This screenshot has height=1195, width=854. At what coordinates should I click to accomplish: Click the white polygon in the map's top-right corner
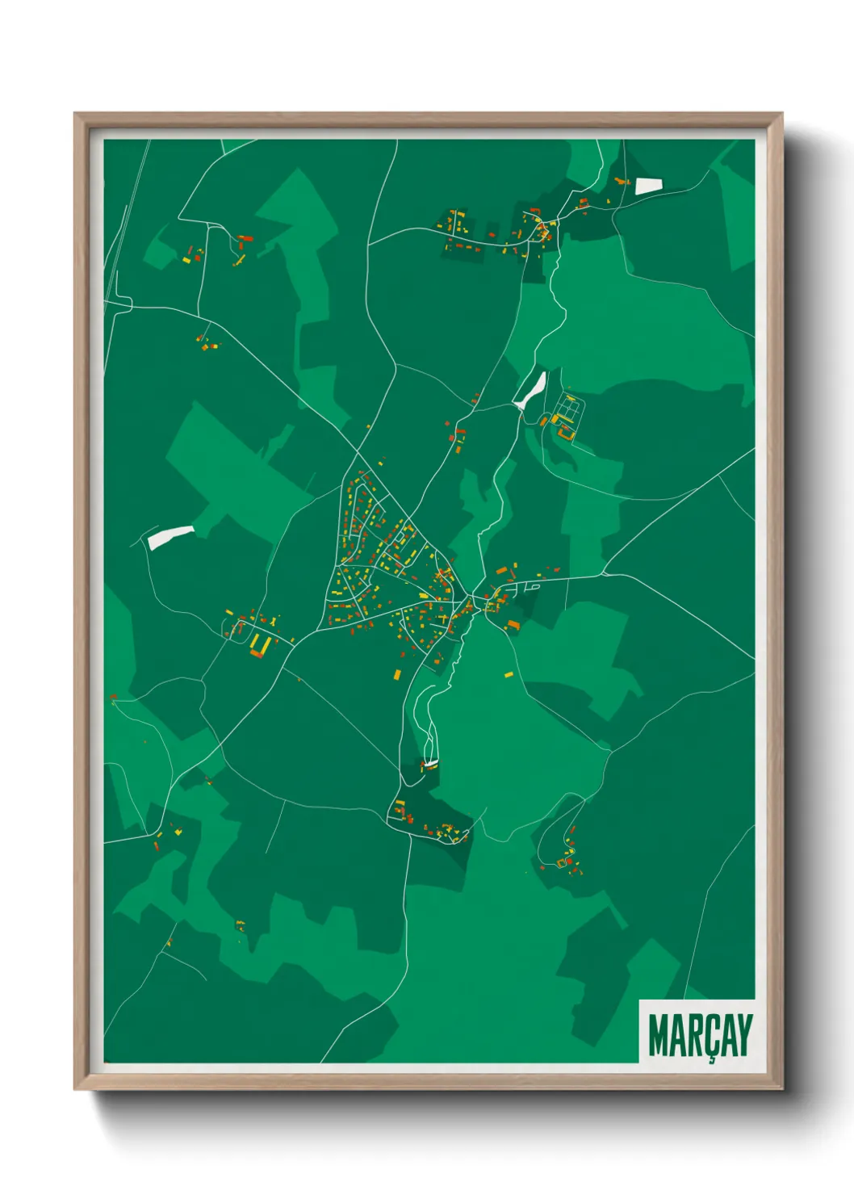tap(648, 186)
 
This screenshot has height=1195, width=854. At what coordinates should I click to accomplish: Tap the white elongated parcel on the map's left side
tap(170, 536)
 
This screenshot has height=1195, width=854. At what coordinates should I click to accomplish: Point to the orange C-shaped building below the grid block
tap(563, 435)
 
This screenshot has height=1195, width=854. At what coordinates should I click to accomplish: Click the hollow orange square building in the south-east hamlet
tap(561, 863)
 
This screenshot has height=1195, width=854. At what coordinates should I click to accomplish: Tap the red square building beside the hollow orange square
tap(569, 862)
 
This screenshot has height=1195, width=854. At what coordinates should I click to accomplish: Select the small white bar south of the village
tap(431, 763)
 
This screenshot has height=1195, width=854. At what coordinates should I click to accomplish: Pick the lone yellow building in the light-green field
tap(509, 674)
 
